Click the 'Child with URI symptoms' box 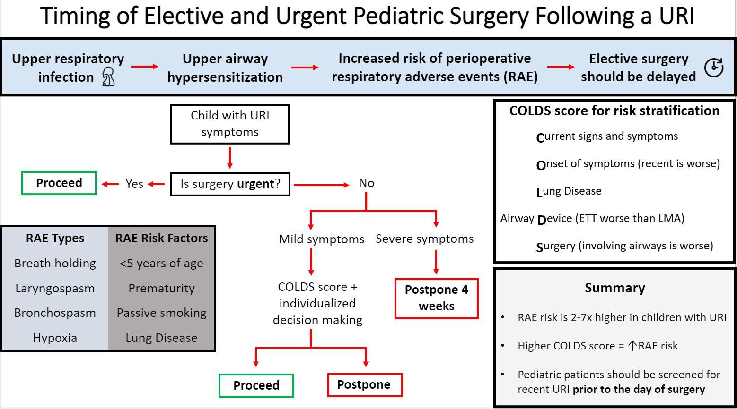[x=230, y=124]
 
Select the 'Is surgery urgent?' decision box [x=230, y=184]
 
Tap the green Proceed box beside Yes [x=59, y=183]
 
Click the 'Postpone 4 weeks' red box [x=436, y=298]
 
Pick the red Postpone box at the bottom [x=364, y=385]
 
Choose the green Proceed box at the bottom [x=256, y=385]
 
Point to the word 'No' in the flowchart [x=367, y=183]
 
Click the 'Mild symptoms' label [x=322, y=239]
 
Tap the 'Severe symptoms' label [x=424, y=239]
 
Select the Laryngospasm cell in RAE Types [x=55, y=288]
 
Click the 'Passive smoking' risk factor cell [x=162, y=313]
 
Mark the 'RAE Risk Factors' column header [x=162, y=238]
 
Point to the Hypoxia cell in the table [x=55, y=338]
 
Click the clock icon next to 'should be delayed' [x=714, y=68]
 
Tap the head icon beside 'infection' [x=108, y=77]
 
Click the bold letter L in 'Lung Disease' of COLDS [x=539, y=192]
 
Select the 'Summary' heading [x=614, y=288]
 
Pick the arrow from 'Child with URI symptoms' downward [x=230, y=158]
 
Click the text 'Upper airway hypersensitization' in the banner [x=225, y=68]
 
